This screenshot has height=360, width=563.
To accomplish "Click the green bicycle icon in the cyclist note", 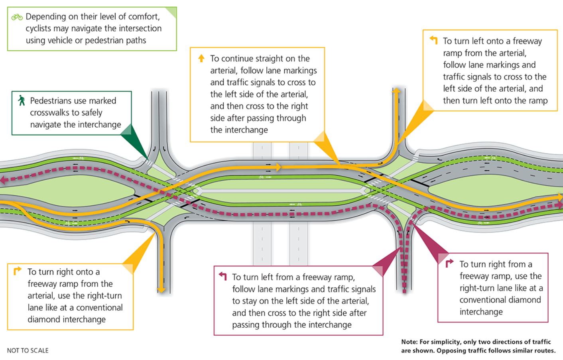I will (17, 17).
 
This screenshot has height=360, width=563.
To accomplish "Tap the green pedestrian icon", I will (22, 100).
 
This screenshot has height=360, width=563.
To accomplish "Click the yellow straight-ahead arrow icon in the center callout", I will (201, 59).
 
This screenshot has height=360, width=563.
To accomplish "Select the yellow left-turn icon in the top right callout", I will (433, 40).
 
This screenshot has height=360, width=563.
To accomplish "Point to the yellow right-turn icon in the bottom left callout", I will (17, 271).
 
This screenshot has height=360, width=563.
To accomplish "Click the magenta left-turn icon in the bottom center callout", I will (222, 276).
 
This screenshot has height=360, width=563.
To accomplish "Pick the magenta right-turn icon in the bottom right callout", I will (449, 263).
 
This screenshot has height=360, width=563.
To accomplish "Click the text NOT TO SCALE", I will (28, 350).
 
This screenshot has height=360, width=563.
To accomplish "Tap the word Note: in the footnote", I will (409, 342).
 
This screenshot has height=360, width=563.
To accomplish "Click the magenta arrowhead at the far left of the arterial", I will (3, 181).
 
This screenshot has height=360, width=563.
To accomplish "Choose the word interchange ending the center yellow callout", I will (239, 130).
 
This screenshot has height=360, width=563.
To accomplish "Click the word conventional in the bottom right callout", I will (500, 300).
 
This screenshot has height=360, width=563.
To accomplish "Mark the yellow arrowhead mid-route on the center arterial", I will (279, 167).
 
